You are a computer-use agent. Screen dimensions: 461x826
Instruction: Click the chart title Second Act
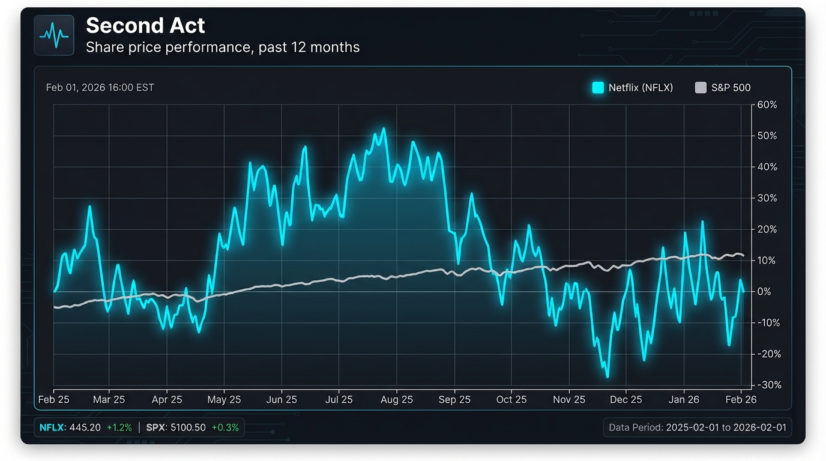[145, 26]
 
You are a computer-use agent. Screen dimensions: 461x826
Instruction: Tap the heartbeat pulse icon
[54, 35]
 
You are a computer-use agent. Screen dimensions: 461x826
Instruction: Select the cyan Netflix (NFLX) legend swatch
[598, 88]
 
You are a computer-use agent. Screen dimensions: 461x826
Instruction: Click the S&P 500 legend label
[731, 88]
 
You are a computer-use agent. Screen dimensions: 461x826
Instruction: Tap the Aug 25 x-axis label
[397, 400]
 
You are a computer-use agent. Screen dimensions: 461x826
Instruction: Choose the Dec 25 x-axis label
[626, 400]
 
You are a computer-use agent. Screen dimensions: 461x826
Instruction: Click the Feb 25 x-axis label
[54, 400]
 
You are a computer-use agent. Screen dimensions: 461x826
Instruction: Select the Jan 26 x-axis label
[684, 400]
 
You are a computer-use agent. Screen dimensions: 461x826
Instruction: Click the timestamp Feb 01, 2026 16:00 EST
[100, 88]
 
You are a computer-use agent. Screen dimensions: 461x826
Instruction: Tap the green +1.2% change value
[119, 428]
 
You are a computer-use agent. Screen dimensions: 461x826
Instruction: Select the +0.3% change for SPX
[225, 428]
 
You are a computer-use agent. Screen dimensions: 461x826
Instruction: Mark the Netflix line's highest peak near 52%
[384, 129]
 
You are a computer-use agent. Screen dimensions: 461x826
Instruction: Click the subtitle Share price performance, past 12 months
[223, 47]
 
